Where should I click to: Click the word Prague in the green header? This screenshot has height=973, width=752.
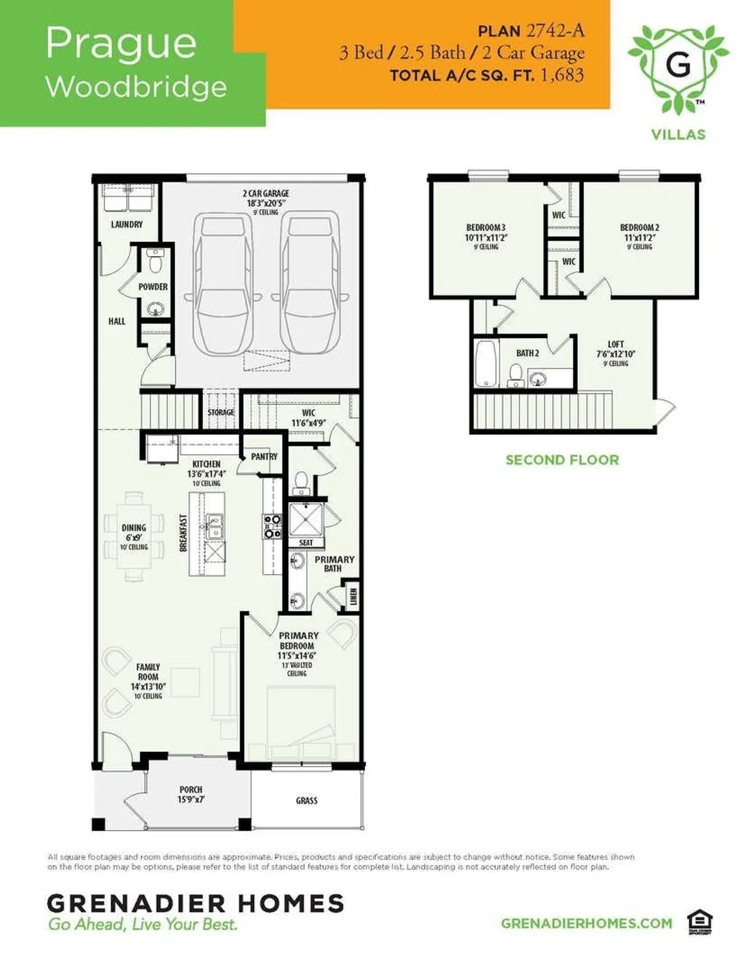pos(121,44)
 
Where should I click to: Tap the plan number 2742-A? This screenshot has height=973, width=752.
pos(556,30)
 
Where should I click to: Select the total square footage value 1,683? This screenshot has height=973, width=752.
pos(561,75)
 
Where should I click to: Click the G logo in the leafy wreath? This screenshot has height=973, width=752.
pos(678,65)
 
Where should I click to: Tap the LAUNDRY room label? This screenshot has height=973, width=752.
pos(126,224)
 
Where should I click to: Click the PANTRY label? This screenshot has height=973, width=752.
pos(264,457)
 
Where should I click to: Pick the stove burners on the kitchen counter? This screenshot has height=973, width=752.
pos(272,526)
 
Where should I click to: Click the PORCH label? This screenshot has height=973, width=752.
pos(191,790)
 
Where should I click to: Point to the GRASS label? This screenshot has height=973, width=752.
pos(307,800)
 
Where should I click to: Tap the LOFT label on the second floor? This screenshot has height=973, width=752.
pos(615,344)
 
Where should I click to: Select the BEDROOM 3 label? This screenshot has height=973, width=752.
pos(486,228)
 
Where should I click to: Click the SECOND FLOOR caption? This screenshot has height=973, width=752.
pos(562,460)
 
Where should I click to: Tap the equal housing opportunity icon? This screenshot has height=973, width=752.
pos(699,922)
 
